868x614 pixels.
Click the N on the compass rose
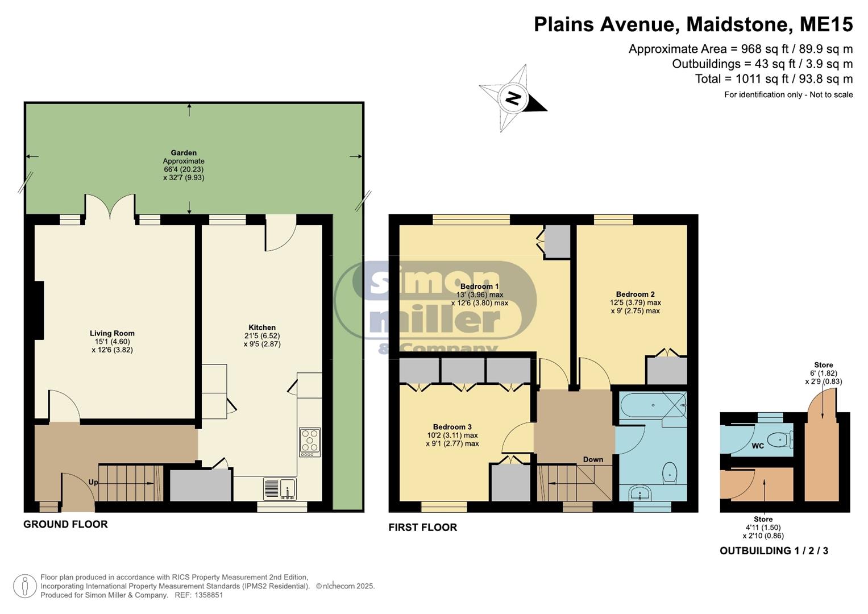coord(513,98)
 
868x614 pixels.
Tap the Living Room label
coord(112,333)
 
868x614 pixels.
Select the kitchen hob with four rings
coord(310,442)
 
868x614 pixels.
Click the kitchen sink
coord(280,489)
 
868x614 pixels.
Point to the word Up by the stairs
coord(93,482)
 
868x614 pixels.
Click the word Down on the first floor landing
coord(593,459)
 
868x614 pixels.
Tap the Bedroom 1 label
coord(479,287)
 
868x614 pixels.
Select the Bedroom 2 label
coord(635,294)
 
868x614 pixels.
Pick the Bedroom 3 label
coord(452,427)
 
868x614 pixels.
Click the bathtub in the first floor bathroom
coord(653,405)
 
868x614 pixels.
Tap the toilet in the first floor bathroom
coord(670,472)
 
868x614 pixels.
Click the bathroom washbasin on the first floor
coord(640,493)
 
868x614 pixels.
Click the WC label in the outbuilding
coord(758,446)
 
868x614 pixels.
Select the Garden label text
coord(184,153)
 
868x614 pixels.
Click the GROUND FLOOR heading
coord(65,524)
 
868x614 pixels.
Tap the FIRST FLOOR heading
coord(423,527)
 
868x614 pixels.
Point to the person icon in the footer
coord(25,586)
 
